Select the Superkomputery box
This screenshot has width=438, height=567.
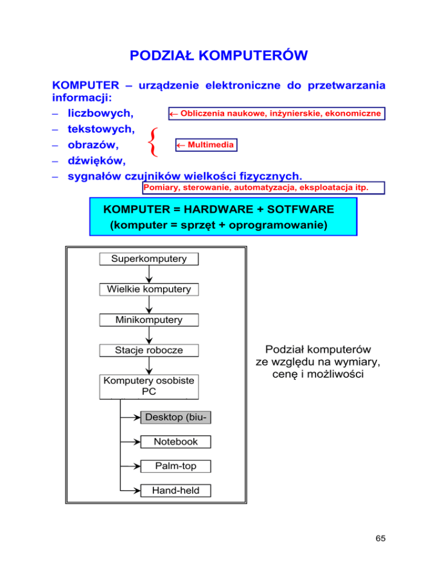(149, 259)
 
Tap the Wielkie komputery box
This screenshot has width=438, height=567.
(149, 289)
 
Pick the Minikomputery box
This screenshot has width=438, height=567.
(149, 320)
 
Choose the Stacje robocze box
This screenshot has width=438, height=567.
(149, 350)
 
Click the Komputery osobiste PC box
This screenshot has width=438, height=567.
(149, 386)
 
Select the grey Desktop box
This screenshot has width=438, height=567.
(175, 418)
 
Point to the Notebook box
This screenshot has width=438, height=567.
(175, 442)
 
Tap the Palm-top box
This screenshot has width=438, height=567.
(175, 466)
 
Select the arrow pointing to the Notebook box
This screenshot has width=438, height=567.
(130, 442)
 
